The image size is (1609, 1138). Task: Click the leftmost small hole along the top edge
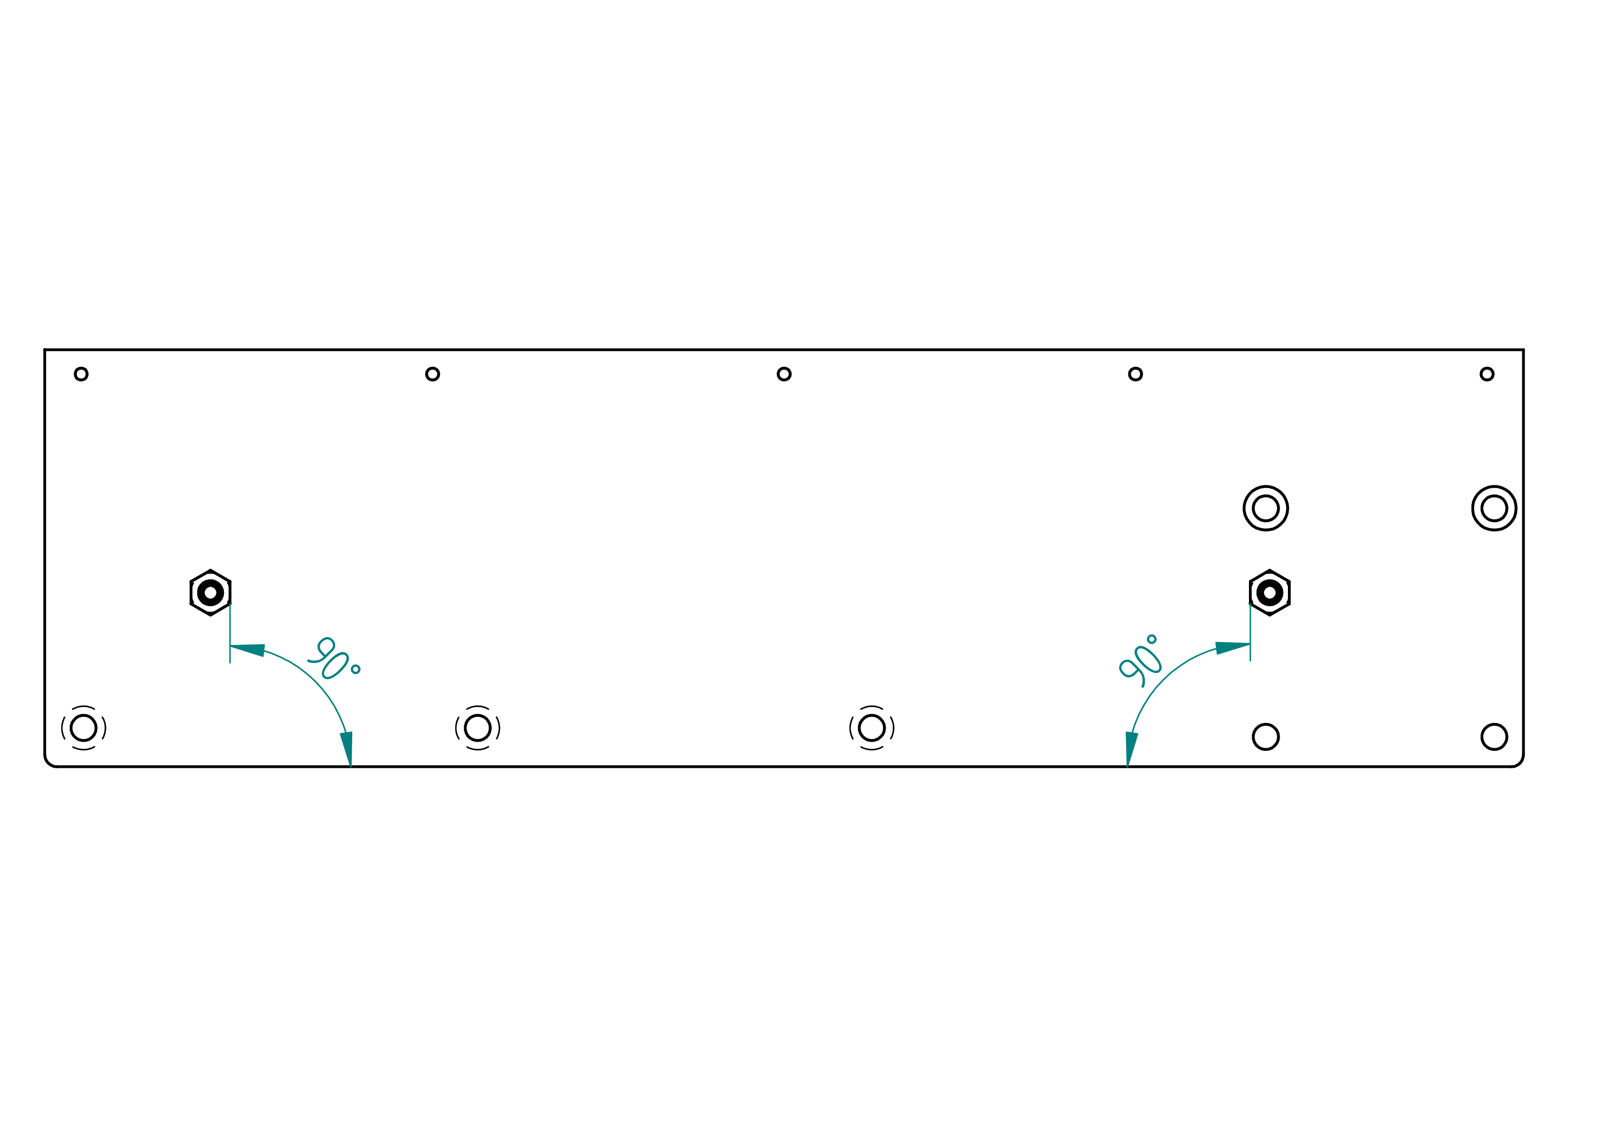click(81, 374)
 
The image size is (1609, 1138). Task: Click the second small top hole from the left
click(433, 374)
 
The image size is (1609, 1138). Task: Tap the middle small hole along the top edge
click(784, 374)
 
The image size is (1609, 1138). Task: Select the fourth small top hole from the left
click(1135, 374)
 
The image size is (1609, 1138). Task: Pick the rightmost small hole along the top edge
click(1487, 374)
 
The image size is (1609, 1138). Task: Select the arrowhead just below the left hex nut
click(247, 649)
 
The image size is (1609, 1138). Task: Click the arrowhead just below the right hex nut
click(1233, 648)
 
